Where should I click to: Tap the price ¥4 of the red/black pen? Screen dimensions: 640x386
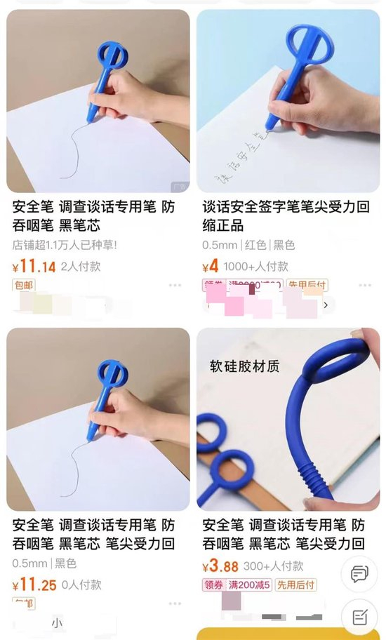[x=211, y=267]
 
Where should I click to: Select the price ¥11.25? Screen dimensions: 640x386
[x=34, y=585]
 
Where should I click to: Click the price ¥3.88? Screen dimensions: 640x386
[x=220, y=566]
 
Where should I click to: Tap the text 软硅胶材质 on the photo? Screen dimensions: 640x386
[x=244, y=366]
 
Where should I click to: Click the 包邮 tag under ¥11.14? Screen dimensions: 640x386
[x=23, y=285]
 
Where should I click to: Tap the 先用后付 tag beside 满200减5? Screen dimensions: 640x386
[x=295, y=585]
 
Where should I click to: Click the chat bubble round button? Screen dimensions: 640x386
[x=359, y=574]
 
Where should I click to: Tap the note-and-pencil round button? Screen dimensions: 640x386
[x=359, y=617]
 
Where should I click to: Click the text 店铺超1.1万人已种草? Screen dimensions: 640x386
[x=65, y=246]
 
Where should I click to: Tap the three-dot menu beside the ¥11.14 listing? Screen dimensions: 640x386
[x=175, y=286]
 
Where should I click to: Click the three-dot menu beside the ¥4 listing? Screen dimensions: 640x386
[x=365, y=286]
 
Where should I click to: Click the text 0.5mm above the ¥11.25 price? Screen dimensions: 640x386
[x=29, y=563]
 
